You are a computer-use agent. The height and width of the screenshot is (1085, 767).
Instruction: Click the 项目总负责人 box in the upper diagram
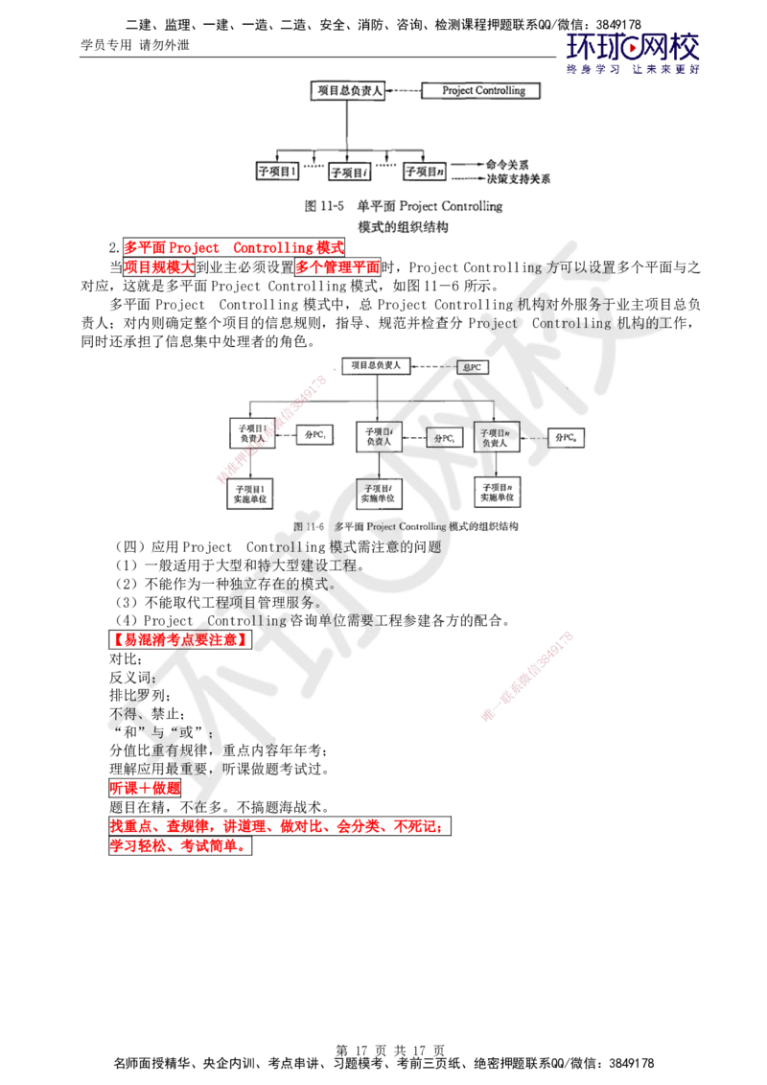click(348, 91)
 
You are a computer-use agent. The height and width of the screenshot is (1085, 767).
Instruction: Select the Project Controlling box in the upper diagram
click(482, 90)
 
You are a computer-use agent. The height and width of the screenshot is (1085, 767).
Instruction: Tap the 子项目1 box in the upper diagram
click(277, 173)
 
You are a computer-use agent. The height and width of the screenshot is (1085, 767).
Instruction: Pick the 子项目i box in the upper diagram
click(349, 173)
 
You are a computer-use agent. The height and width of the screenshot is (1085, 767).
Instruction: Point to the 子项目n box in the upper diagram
click(425, 173)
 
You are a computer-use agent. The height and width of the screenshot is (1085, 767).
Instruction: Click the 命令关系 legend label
click(507, 165)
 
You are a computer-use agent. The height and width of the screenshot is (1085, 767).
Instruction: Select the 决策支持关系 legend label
click(519, 178)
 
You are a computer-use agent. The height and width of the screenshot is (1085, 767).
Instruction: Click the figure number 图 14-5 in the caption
click(323, 206)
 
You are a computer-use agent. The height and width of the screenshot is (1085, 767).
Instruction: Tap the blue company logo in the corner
click(633, 53)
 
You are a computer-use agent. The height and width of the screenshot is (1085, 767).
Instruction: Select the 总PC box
click(472, 367)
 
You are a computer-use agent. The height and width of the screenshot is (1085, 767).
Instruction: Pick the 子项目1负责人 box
click(248, 433)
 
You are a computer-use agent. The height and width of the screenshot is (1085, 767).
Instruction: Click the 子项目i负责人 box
click(378, 433)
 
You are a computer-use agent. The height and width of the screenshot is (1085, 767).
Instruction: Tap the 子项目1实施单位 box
click(248, 493)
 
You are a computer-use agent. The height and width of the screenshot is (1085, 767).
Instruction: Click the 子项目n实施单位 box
click(498, 492)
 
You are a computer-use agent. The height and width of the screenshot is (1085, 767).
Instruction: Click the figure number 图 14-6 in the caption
click(309, 527)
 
